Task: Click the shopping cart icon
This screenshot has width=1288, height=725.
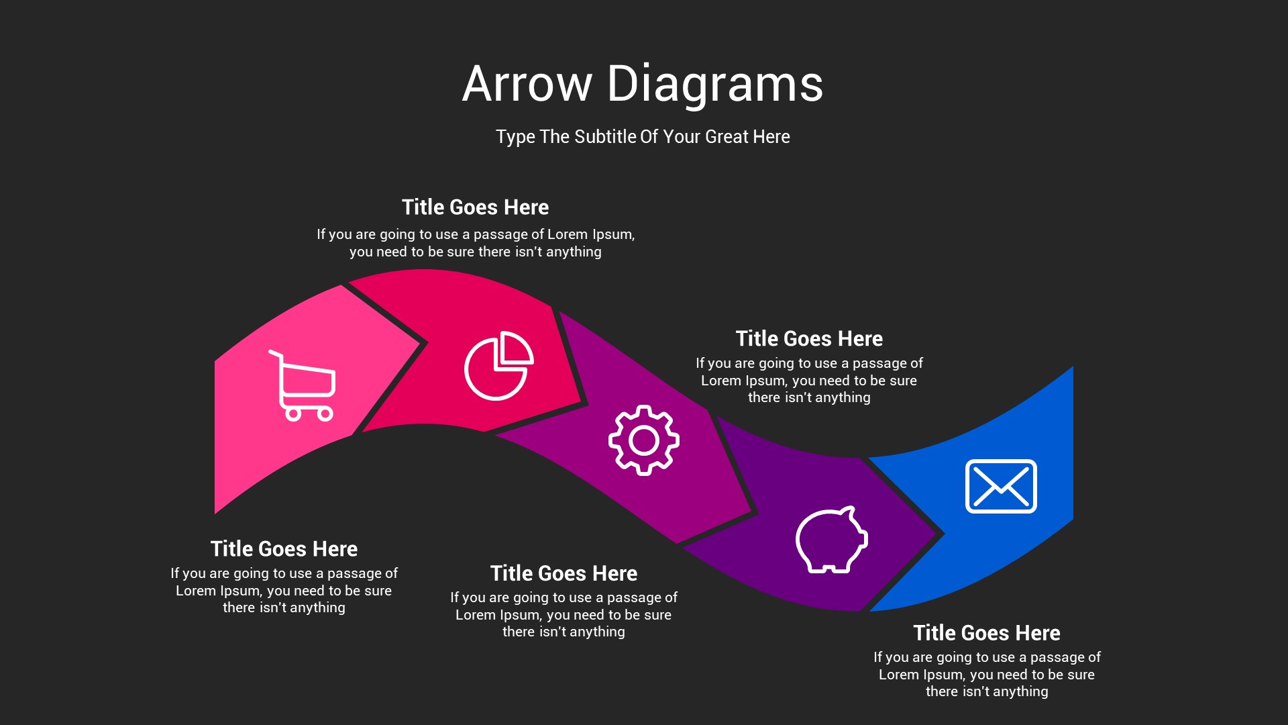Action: (x=303, y=386)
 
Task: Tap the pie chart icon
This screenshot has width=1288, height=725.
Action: (x=498, y=366)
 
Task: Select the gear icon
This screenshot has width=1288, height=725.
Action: (x=644, y=440)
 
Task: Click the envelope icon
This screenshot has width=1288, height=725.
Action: (x=1001, y=486)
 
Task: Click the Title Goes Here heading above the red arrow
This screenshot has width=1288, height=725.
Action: (x=475, y=207)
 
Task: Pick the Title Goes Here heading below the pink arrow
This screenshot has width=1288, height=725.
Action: (x=284, y=548)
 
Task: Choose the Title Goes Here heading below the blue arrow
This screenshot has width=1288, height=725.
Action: (x=987, y=632)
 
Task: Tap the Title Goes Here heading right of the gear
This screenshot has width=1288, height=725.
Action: (x=809, y=338)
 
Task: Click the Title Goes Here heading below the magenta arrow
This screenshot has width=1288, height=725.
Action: (x=563, y=573)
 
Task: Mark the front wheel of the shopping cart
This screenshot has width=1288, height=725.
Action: (x=325, y=414)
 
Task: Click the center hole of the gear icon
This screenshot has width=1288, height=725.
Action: (x=644, y=440)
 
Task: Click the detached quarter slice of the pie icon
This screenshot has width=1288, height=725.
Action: (x=515, y=350)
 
